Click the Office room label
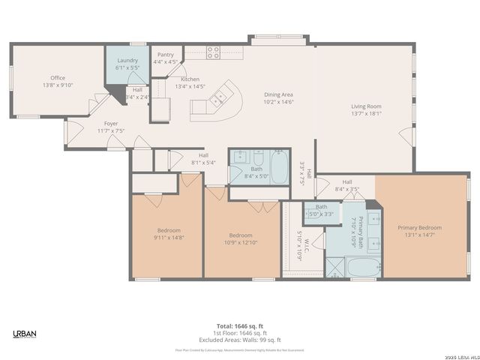coord(58,77)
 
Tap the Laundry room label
coord(127,60)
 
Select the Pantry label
coord(165,55)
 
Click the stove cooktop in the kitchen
coord(213,52)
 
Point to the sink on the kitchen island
coord(220,97)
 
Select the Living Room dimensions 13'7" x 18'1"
coord(366,114)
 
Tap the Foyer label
coord(110,123)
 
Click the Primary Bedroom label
coord(419,228)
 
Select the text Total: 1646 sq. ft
coord(239,325)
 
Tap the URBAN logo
coord(25,333)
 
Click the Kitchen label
coord(190,79)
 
